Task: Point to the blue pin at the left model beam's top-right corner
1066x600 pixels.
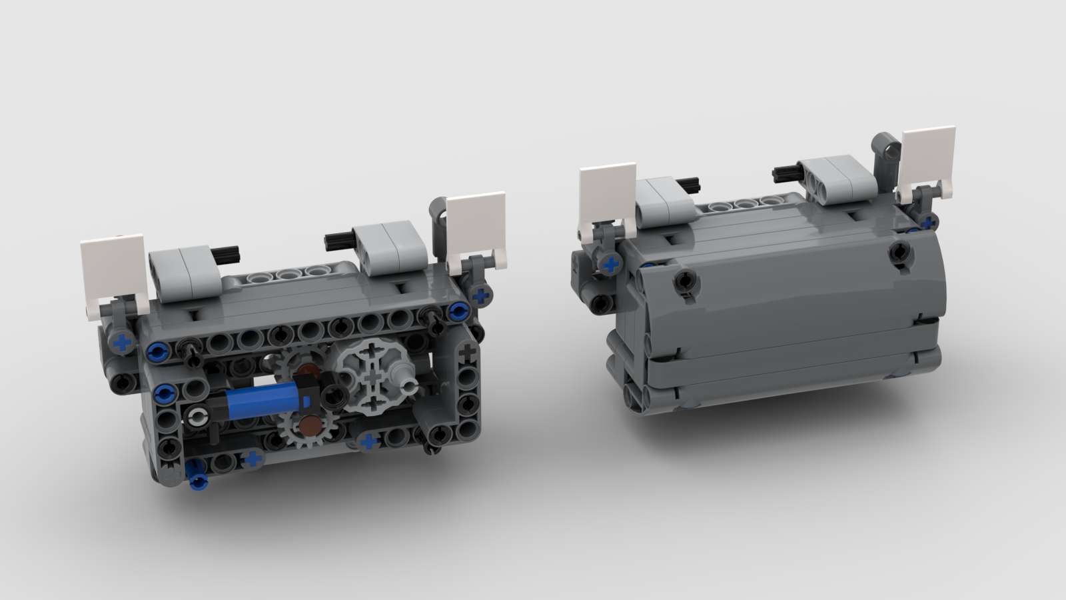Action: [x=457, y=309]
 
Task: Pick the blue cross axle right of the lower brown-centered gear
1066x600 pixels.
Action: [x=368, y=441]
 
